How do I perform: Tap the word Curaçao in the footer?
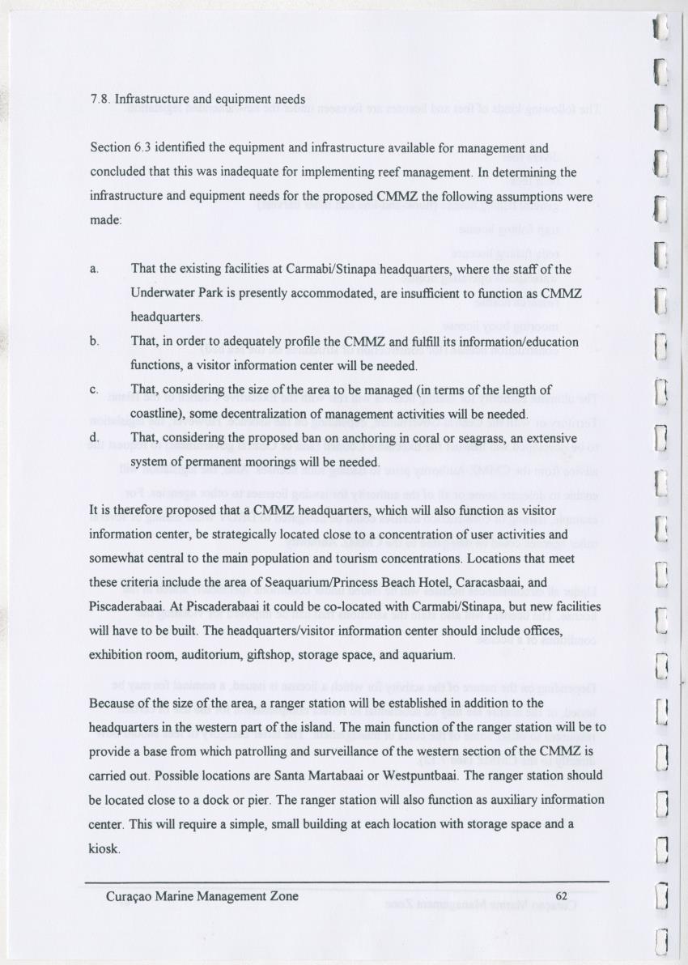(x=130, y=896)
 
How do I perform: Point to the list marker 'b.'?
(x=96, y=342)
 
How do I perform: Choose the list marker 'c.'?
(x=96, y=390)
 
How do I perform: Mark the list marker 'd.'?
(x=96, y=438)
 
